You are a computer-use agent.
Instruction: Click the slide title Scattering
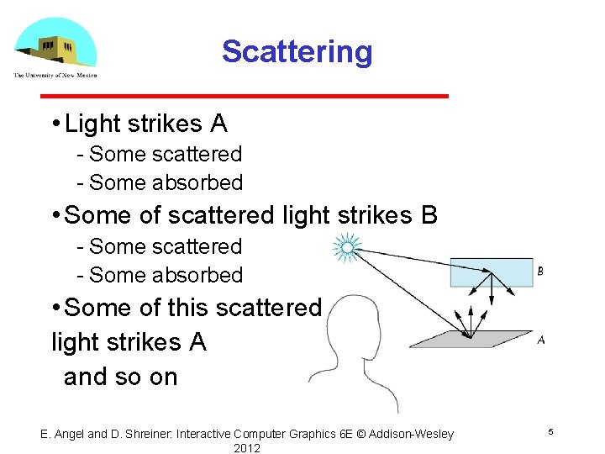[297, 51]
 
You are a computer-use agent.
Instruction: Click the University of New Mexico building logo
[55, 44]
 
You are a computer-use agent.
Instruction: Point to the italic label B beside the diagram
[539, 272]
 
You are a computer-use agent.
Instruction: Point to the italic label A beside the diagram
[540, 340]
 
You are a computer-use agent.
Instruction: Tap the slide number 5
[550, 431]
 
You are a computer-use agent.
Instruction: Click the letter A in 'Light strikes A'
[218, 124]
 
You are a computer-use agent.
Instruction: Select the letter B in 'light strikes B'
[429, 215]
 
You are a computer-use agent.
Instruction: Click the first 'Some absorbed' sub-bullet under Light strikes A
[166, 182]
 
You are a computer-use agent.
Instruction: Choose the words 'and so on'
[121, 377]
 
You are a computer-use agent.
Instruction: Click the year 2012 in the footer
[247, 448]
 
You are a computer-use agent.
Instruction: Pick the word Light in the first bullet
[92, 124]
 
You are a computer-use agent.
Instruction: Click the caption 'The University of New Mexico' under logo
[55, 76]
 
